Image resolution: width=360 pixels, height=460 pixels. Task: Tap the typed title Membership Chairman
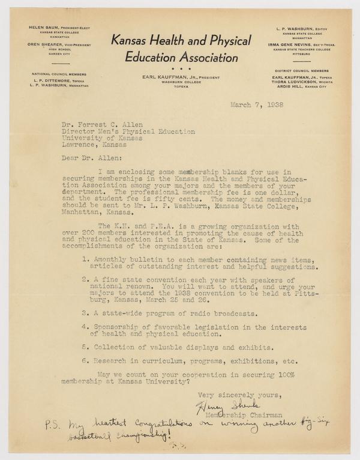click(239, 416)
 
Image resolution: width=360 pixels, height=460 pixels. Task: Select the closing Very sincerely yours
click(231, 394)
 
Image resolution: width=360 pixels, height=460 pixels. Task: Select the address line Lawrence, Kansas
click(92, 144)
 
